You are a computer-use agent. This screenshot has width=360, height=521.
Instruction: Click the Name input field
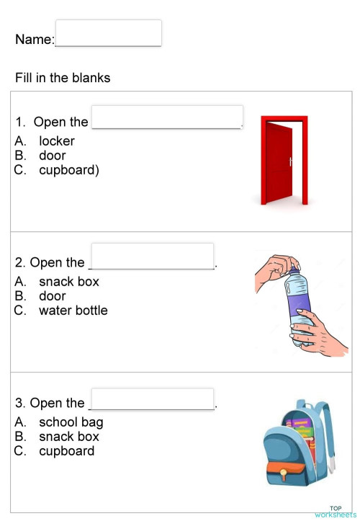pyautogui.click(x=108, y=33)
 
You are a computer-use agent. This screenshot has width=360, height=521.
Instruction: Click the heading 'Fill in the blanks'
pyautogui.click(x=63, y=78)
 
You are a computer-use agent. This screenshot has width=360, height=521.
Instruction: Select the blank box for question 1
pyautogui.click(x=167, y=117)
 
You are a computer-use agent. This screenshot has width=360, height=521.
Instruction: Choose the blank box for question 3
pyautogui.click(x=152, y=398)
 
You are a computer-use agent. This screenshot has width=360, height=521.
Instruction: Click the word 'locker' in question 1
pyautogui.click(x=57, y=141)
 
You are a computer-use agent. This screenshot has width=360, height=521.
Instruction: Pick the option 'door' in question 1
pyautogui.click(x=53, y=156)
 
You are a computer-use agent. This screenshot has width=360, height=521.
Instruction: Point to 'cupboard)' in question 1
pyautogui.click(x=69, y=170)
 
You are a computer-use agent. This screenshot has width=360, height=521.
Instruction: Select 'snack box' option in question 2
pyautogui.click(x=69, y=282)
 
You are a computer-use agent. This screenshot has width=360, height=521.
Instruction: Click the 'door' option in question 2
pyautogui.click(x=53, y=296)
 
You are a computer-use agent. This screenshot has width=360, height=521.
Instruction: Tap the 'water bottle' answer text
pyautogui.click(x=73, y=311)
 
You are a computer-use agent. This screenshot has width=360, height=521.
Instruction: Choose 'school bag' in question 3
pyautogui.click(x=71, y=422)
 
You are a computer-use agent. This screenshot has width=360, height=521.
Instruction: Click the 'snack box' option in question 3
pyautogui.click(x=69, y=437)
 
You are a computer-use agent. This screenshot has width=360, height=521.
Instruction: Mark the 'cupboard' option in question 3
pyautogui.click(x=67, y=451)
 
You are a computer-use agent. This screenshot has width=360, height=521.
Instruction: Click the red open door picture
pyautogui.click(x=284, y=160)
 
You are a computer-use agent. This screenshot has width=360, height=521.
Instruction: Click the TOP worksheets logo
pyautogui.click(x=335, y=512)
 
